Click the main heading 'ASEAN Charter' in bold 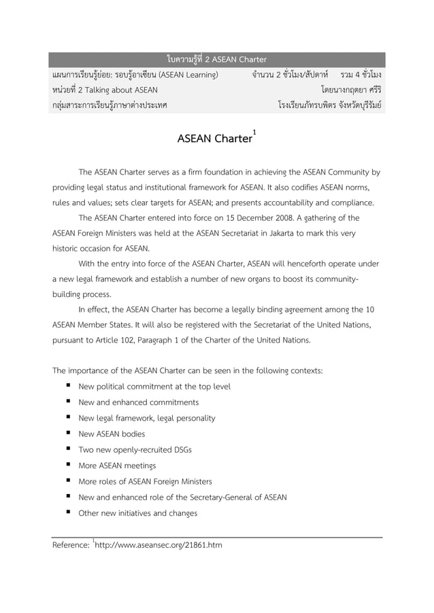214,139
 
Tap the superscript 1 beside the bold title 254,131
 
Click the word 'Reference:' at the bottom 71,544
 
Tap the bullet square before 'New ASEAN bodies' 69,433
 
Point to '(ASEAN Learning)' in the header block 188,73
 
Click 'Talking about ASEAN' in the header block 116,90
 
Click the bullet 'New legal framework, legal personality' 147,418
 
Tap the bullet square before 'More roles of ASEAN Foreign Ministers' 69,481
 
